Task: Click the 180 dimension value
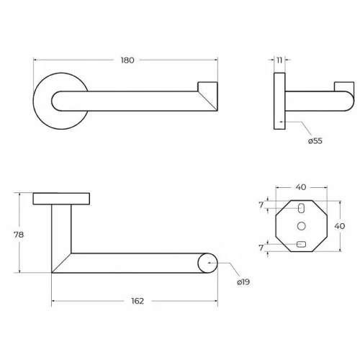pyautogui.click(x=127, y=60)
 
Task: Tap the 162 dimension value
pyautogui.click(x=138, y=301)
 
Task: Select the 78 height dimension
pyautogui.click(x=19, y=235)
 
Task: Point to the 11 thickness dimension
pyautogui.click(x=279, y=60)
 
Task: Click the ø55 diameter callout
pyautogui.click(x=315, y=141)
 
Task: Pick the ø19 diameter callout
pyautogui.click(x=243, y=282)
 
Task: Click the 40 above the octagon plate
pyautogui.click(x=301, y=187)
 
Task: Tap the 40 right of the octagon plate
pyautogui.click(x=340, y=226)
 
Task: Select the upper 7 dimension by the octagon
pyautogui.click(x=261, y=205)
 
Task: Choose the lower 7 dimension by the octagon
pyautogui.click(x=261, y=248)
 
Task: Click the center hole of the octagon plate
pyautogui.click(x=302, y=226)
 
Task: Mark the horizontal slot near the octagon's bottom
pyautogui.click(x=302, y=245)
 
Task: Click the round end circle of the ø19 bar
pyautogui.click(x=207, y=263)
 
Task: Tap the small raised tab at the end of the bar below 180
pyautogui.click(x=207, y=86)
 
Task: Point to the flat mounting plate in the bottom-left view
pyautogui.click(x=61, y=199)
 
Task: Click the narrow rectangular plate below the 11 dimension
pyautogui.click(x=279, y=101)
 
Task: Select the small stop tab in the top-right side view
pyautogui.click(x=344, y=86)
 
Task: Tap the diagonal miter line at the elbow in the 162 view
pyautogui.click(x=61, y=263)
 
